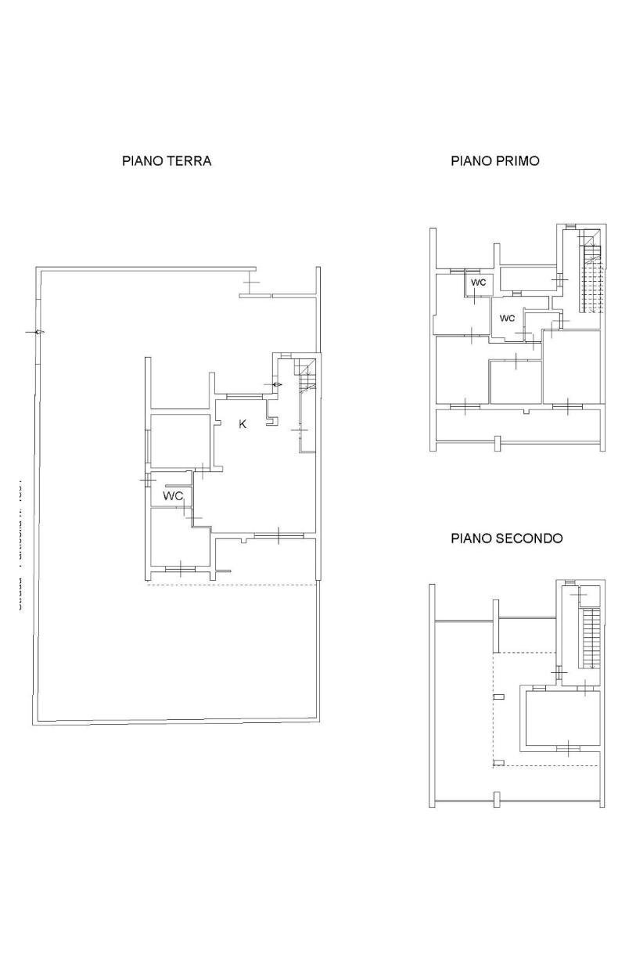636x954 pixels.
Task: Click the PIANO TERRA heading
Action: pyautogui.click(x=167, y=161)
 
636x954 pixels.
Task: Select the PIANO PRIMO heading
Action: pyautogui.click(x=494, y=161)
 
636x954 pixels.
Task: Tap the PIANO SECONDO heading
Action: pyautogui.click(x=506, y=538)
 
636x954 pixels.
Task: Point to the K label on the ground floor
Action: pyautogui.click(x=243, y=424)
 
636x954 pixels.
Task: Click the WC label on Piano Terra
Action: pyautogui.click(x=173, y=496)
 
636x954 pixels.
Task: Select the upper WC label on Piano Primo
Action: pyautogui.click(x=478, y=283)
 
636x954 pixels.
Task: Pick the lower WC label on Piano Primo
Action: pyautogui.click(x=507, y=319)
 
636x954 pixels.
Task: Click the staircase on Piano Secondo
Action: pyautogui.click(x=591, y=637)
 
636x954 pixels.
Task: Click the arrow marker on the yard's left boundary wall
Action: pyautogui.click(x=36, y=333)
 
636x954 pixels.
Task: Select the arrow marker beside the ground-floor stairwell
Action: pyautogui.click(x=276, y=385)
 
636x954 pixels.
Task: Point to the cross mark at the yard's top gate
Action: pyautogui.click(x=250, y=283)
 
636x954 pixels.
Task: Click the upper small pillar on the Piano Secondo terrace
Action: pyautogui.click(x=498, y=696)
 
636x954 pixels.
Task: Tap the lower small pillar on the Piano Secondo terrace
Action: pyautogui.click(x=498, y=763)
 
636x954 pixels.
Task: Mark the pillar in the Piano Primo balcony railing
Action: pyautogui.click(x=498, y=445)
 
